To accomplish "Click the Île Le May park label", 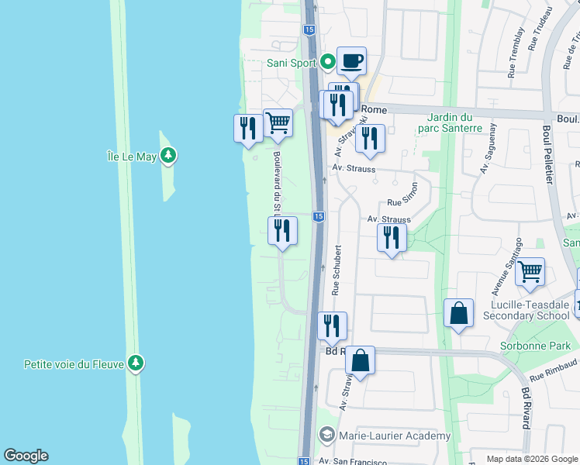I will (x=132, y=157).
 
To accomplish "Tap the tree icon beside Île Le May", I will (x=167, y=157).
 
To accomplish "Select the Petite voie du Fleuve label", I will (x=74, y=363).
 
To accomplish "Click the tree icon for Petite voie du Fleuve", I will (x=136, y=363).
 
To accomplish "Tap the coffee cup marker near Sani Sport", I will (x=351, y=61).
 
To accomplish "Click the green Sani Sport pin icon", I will (x=328, y=62).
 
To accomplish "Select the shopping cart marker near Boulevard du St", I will (x=278, y=122).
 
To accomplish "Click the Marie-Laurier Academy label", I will (x=395, y=436).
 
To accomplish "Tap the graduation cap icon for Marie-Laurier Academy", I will (x=328, y=436).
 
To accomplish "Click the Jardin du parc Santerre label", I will (x=454, y=122).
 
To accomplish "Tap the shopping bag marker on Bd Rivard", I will (x=360, y=360).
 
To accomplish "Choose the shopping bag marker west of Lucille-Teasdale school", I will (x=458, y=314).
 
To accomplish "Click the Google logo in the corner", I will (x=26, y=456).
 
